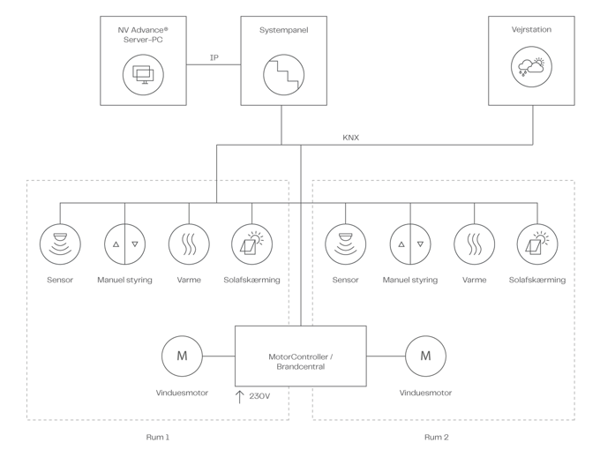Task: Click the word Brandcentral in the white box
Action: click(300, 365)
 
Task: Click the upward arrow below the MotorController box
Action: click(239, 398)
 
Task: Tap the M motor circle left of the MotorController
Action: click(181, 356)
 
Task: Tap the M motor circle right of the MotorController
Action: click(425, 356)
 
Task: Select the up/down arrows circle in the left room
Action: click(124, 244)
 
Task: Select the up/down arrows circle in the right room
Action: click(410, 244)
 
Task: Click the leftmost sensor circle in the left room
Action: click(60, 244)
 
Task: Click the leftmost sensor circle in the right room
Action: click(345, 244)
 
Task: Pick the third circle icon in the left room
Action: click(189, 244)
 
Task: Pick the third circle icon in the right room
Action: click(474, 244)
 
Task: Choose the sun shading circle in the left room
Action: click(253, 244)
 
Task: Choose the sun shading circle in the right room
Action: click(537, 244)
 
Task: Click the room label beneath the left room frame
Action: click(156, 437)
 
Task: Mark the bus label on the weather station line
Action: click(350, 139)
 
